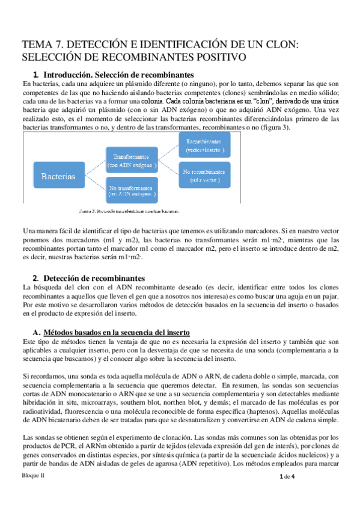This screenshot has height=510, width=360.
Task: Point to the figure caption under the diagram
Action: (130, 211)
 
